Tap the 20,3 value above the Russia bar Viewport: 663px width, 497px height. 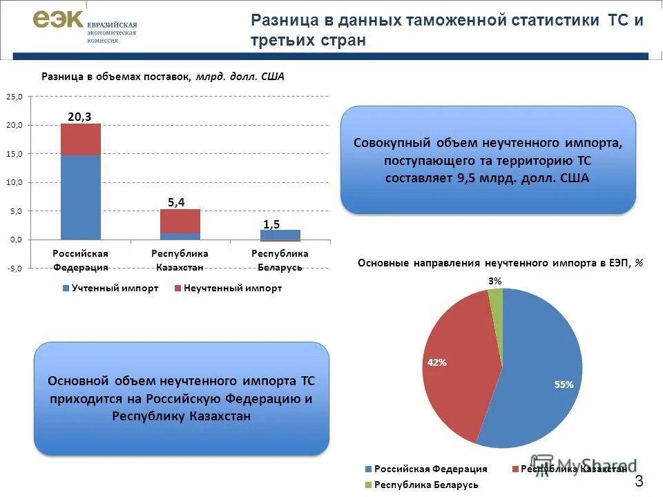(80, 117)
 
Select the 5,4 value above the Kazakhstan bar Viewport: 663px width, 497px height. (176, 202)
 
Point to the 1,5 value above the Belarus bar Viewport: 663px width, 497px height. (271, 224)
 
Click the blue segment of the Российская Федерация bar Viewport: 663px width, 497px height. (81, 197)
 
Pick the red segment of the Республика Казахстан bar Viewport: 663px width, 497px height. (180, 221)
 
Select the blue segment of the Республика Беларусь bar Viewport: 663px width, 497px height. (280, 234)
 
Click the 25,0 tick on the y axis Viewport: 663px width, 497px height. (15, 97)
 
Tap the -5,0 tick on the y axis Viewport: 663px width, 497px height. (15, 269)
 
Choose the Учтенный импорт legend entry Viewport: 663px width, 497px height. (110, 288)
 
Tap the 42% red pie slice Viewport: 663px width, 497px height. (456, 359)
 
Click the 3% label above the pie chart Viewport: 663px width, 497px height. (495, 280)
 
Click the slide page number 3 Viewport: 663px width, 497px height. (639, 481)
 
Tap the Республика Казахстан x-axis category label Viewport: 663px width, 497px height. (180, 260)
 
